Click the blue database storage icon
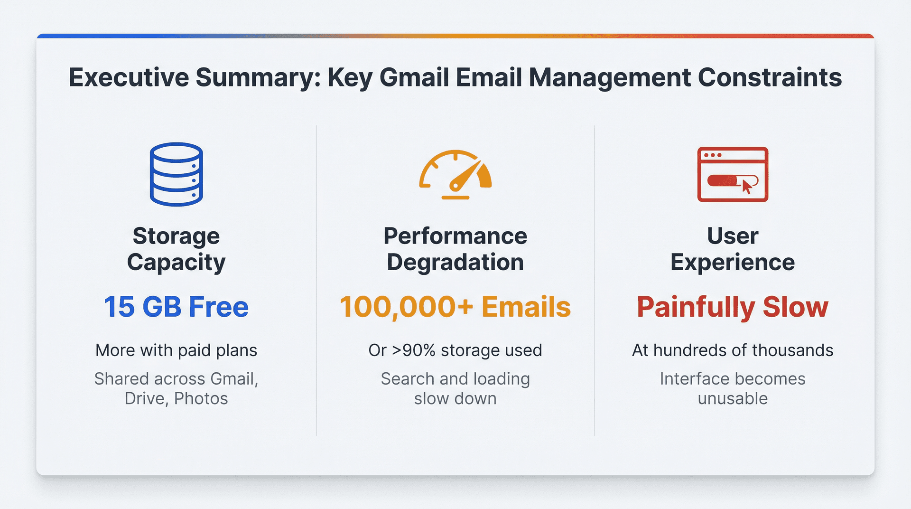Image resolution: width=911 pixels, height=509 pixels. (176, 174)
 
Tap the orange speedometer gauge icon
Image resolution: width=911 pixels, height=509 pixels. (455, 175)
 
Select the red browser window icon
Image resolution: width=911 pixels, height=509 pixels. (732, 174)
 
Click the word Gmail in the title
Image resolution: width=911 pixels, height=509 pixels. (414, 77)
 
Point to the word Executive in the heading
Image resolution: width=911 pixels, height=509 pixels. (129, 77)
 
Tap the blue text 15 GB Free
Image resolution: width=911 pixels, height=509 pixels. (176, 307)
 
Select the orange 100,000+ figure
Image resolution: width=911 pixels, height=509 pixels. (407, 307)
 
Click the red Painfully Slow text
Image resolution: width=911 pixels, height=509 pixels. (732, 307)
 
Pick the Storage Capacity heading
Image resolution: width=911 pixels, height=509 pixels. (176, 249)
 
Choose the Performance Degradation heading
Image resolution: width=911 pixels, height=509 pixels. (455, 249)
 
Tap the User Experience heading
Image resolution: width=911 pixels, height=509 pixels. (732, 249)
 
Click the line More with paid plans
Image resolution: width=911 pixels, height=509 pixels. (176, 350)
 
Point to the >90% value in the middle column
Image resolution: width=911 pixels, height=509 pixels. (413, 350)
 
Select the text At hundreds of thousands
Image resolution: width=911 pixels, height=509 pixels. (732, 350)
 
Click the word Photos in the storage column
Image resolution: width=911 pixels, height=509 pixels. (201, 399)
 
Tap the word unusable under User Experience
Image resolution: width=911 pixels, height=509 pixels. (732, 399)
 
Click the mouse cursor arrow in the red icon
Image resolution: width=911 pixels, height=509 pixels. (747, 187)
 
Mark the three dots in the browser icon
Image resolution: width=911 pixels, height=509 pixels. (713, 155)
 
